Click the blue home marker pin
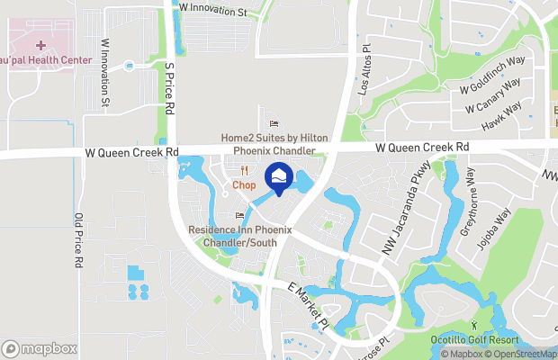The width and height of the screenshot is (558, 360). point(279,177)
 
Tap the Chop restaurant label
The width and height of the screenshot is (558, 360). point(244,184)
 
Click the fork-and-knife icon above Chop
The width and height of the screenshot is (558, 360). point(244,170)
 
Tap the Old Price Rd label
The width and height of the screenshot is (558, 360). point(78,240)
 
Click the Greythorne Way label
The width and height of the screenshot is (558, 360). point(470,202)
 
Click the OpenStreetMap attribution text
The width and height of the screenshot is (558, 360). point(523,354)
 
